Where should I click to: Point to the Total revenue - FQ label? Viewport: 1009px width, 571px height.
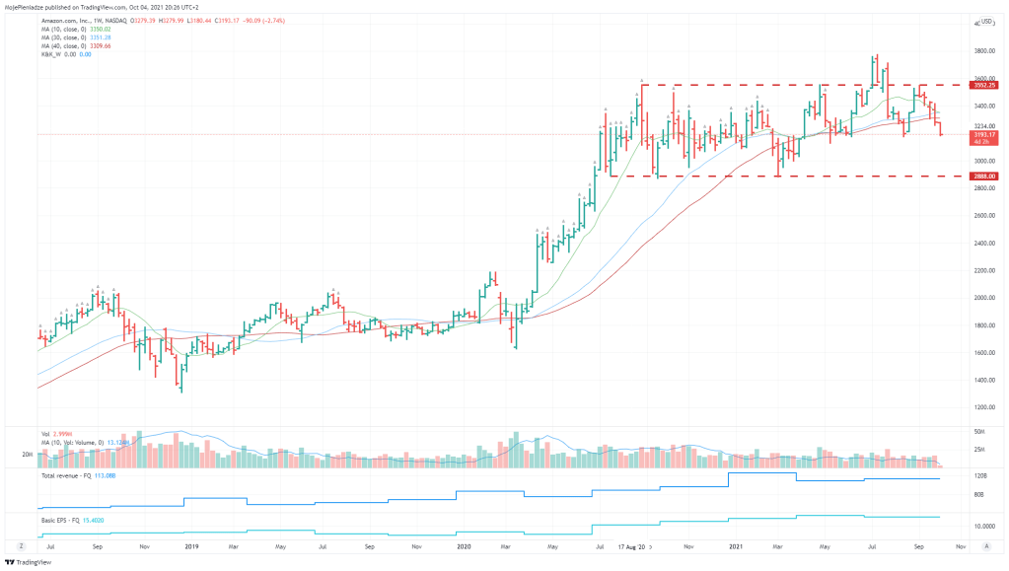(x=65, y=475)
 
